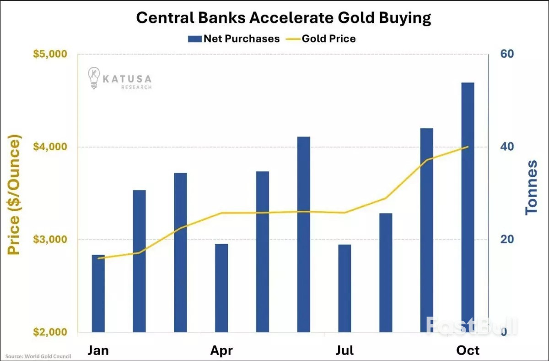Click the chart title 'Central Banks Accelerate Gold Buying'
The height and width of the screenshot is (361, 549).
[x=284, y=18]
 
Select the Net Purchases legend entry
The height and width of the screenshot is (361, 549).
[x=234, y=38]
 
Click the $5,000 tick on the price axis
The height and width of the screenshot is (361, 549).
[x=50, y=55]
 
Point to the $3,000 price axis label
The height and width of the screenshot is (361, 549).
[x=50, y=240]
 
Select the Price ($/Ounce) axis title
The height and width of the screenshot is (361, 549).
[x=15, y=195]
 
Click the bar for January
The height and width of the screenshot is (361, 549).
[x=98, y=293]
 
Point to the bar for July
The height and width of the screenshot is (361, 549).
[x=344, y=288]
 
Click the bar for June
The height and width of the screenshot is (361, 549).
[x=303, y=234]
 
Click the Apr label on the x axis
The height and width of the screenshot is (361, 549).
[x=221, y=351]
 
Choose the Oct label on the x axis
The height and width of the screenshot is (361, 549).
[x=468, y=351]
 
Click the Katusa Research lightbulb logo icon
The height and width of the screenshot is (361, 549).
[x=95, y=78]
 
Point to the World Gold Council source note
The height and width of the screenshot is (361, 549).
[x=35, y=356]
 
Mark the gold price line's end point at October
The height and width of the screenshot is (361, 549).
[x=468, y=147]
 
